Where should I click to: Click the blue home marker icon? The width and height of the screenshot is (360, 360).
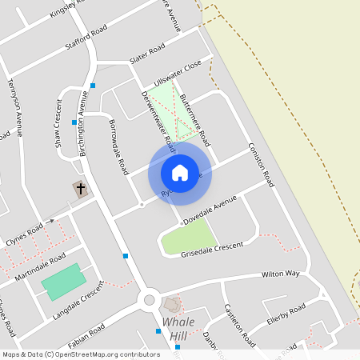(179, 172)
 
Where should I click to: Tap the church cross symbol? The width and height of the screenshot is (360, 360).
(80, 189)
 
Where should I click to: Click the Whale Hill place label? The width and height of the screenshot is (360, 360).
(178, 328)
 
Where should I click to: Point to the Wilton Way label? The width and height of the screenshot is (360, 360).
(280, 274)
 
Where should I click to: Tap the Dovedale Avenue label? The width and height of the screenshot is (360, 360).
(211, 210)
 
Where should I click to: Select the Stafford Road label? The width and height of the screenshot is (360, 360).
(86, 36)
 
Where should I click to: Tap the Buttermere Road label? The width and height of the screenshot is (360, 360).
(194, 121)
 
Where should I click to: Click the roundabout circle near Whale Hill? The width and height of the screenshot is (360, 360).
(148, 301)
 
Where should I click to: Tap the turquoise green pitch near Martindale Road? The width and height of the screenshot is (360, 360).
(62, 282)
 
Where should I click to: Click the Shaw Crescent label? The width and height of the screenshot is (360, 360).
(58, 124)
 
